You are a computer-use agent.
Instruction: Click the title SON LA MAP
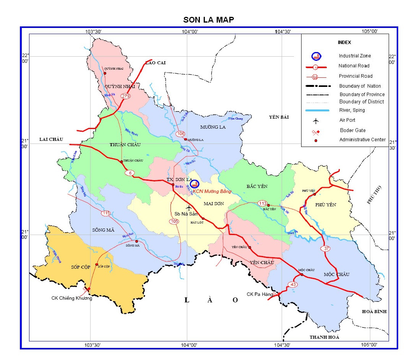coord(208,20)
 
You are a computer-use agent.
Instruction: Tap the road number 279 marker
coord(126,96)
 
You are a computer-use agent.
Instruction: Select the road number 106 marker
coord(181,134)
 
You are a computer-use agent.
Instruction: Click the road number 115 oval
coord(106,213)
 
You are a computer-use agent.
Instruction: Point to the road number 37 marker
coord(326,249)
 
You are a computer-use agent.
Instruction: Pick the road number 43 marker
coord(293,284)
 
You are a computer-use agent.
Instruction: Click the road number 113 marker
coord(262,203)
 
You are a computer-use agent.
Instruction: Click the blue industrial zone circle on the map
coord(195,184)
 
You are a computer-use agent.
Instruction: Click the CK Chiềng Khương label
coord(72,298)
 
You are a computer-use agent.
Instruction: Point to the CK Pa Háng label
coord(260,294)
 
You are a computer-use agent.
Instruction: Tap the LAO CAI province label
coord(155,63)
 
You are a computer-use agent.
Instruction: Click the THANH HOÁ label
coord(324,337)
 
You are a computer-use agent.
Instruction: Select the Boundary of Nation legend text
coord(360,86)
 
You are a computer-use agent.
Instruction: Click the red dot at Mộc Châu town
coord(302,274)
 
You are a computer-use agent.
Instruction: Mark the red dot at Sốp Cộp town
coord(97,264)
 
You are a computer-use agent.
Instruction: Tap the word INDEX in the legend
coord(344,42)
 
